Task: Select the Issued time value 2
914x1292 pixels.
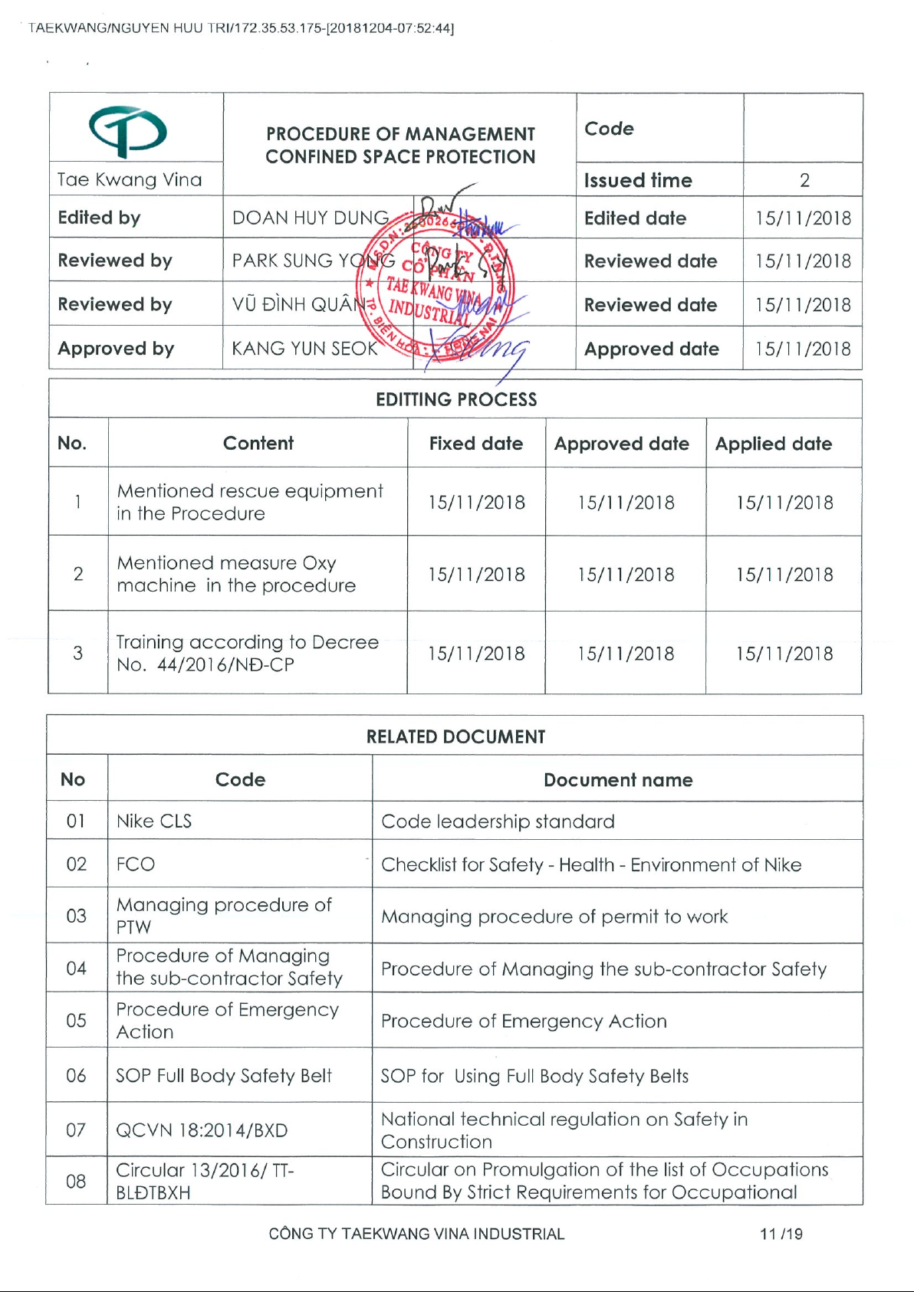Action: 804,181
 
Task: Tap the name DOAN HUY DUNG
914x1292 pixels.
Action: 311,218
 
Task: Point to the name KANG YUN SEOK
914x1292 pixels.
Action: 305,349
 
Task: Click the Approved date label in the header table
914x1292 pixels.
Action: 651,349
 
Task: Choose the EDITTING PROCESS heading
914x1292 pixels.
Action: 456,399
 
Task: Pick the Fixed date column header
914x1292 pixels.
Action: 475,444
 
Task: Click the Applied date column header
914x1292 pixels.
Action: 773,444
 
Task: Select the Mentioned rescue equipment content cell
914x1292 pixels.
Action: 250,502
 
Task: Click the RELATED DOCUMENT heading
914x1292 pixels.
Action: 455,736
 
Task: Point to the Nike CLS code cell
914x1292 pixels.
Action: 154,821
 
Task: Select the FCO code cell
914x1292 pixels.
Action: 136,864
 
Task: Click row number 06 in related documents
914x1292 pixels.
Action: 76,1076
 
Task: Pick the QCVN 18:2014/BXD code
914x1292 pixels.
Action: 202,1130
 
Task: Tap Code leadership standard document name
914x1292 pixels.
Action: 498,821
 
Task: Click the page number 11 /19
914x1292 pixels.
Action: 781,1234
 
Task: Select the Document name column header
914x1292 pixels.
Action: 618,780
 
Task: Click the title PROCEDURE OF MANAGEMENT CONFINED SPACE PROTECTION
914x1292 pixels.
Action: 400,146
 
